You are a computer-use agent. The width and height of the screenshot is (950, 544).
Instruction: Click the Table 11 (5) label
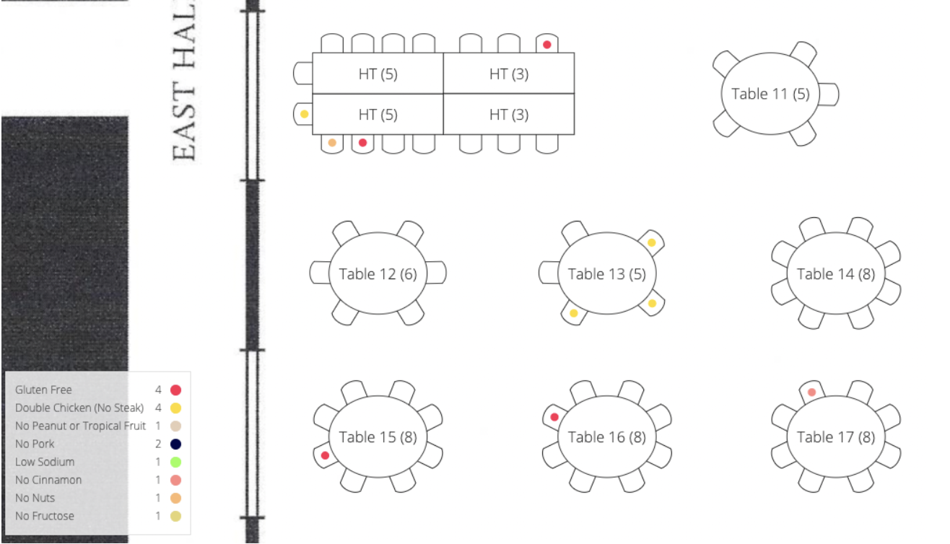click(770, 94)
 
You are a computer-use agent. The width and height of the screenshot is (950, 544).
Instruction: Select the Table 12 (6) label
click(378, 274)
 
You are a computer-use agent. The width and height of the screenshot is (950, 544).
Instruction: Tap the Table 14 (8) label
click(835, 274)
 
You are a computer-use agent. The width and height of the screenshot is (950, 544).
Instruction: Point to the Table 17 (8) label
click(835, 436)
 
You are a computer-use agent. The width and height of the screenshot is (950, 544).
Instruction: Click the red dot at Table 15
click(326, 455)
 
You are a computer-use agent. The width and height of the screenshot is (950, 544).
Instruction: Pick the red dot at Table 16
click(554, 417)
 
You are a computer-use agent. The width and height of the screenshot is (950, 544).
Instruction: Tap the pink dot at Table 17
click(811, 392)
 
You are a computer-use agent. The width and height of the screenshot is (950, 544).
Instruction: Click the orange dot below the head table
click(332, 143)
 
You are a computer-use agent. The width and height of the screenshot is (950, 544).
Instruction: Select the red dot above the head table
click(547, 45)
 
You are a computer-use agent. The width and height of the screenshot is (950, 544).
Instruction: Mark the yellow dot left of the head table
click(304, 114)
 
